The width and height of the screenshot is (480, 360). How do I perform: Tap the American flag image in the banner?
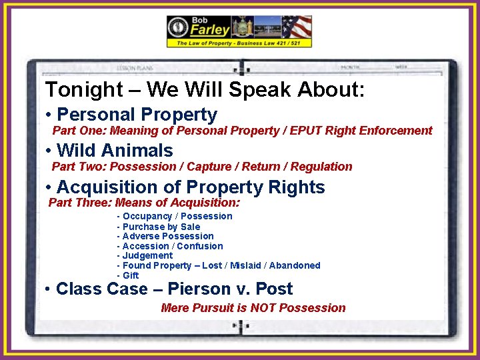click(296, 27)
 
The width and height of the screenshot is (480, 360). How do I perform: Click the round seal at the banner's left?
click(178, 28)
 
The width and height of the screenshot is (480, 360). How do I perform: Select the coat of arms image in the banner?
click(240, 27)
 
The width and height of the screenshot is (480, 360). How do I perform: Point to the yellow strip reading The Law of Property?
click(239, 43)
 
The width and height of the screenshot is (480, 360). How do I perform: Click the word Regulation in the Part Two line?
click(319, 167)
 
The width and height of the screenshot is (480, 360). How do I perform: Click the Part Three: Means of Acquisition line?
click(144, 203)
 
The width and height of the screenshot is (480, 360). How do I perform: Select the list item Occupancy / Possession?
click(175, 216)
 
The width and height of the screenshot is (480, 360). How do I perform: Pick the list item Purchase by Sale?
click(159, 227)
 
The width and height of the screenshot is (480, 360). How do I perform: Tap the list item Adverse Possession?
click(165, 236)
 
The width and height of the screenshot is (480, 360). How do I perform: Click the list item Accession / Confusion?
click(170, 246)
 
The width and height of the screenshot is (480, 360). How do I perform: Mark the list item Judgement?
click(145, 255)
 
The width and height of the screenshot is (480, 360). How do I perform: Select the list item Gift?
click(128, 275)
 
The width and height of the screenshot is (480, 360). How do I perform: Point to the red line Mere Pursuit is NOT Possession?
click(253, 308)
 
